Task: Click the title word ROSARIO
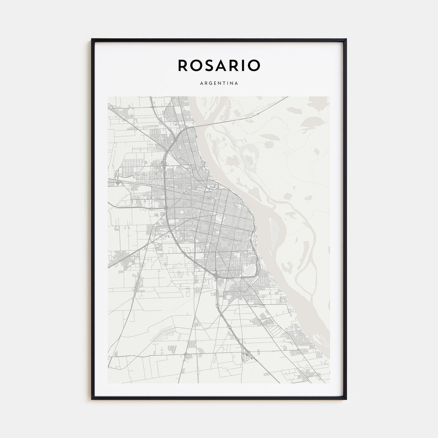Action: click(x=219, y=65)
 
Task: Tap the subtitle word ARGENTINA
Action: click(x=219, y=83)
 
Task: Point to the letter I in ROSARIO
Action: click(x=243, y=65)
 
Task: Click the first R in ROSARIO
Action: click(x=182, y=65)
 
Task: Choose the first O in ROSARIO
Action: click(x=194, y=65)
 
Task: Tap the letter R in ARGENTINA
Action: click(x=205, y=83)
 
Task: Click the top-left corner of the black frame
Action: click(x=92, y=39)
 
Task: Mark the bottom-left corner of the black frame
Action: click(x=92, y=399)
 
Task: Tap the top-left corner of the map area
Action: click(x=108, y=97)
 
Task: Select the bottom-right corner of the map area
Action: click(x=330, y=383)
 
